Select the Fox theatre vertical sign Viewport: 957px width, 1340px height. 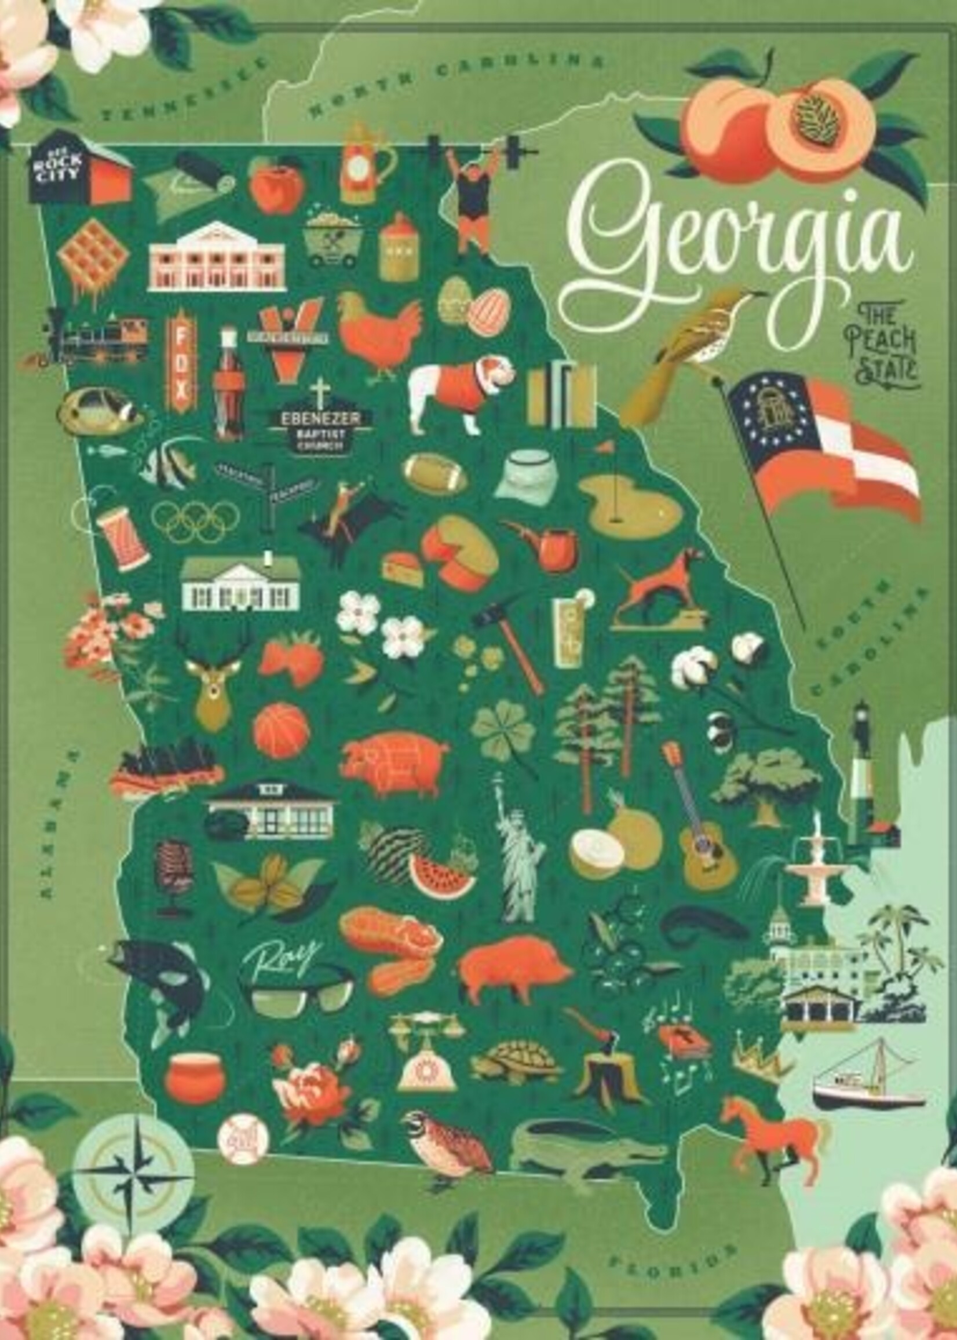pyautogui.click(x=181, y=362)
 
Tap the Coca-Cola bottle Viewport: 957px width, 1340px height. pyautogui.click(x=229, y=386)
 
